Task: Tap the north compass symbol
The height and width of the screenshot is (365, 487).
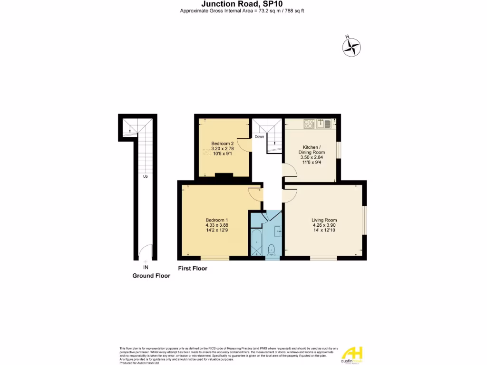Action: click(352, 46)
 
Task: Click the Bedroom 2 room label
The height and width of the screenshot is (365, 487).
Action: click(222, 144)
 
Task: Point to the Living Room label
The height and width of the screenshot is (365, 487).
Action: click(324, 220)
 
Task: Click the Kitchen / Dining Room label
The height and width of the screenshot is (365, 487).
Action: click(312, 149)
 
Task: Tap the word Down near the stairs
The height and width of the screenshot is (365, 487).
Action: click(259, 137)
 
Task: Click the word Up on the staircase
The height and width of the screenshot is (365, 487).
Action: click(145, 176)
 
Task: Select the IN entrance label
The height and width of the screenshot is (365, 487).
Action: click(145, 267)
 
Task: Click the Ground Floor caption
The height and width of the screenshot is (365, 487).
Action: click(151, 276)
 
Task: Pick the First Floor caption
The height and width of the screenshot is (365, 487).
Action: click(193, 269)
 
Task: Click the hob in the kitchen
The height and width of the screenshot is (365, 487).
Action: click(309, 124)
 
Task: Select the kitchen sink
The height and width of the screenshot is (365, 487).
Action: click(327, 124)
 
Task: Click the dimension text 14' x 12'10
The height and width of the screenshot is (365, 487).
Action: click(324, 231)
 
